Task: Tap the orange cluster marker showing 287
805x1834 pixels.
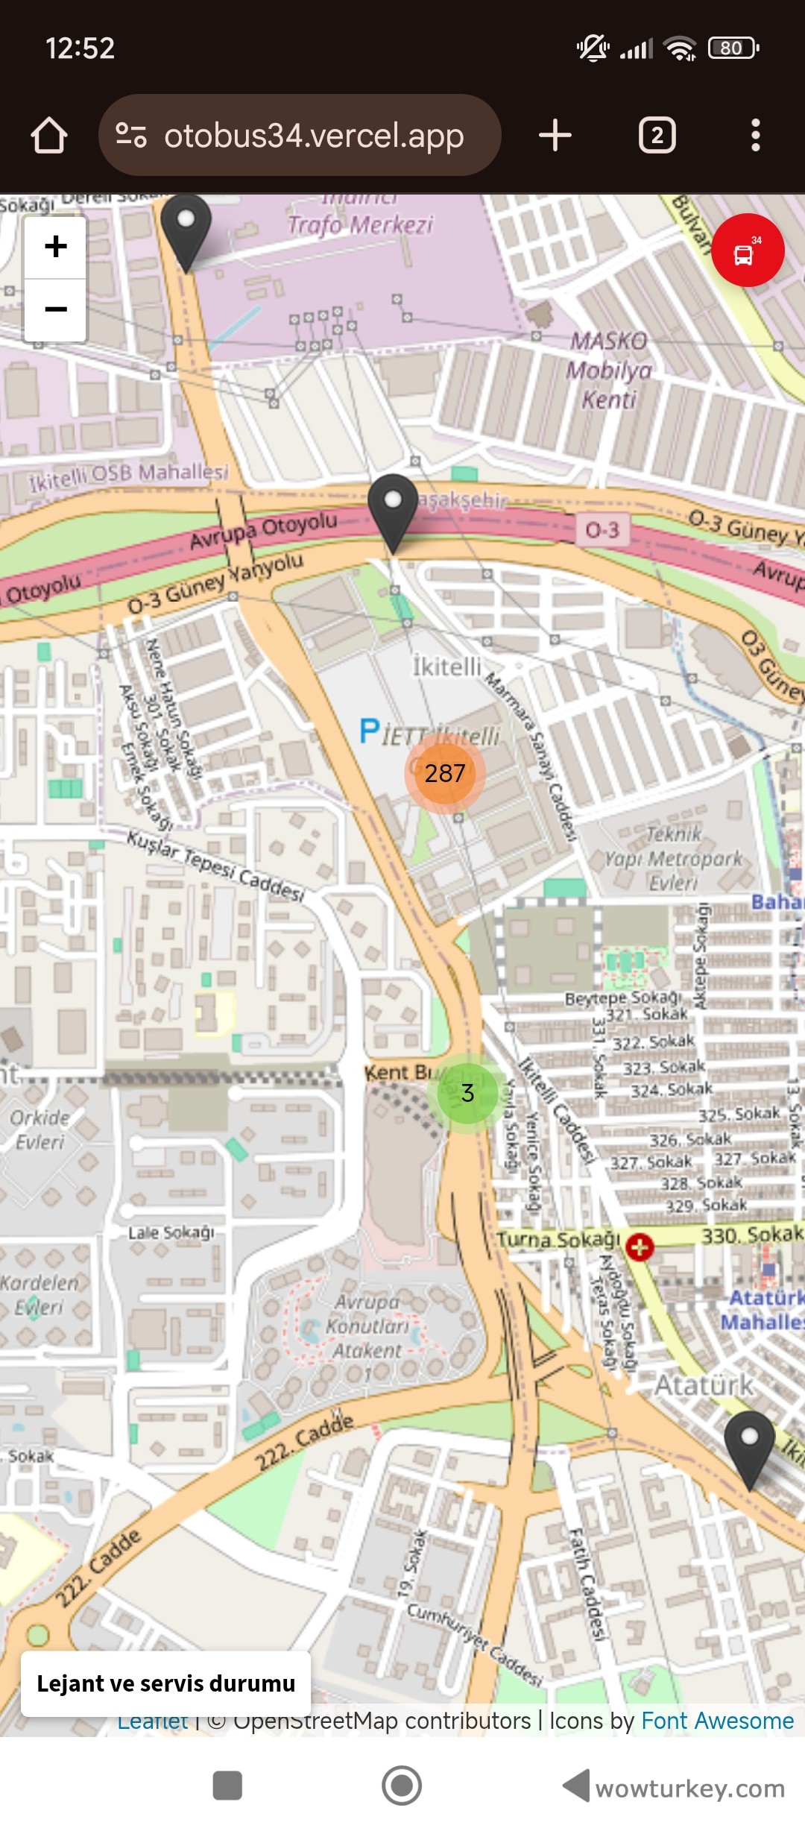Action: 445,773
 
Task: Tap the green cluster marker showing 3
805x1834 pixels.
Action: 467,1093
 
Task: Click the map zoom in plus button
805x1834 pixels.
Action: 56,247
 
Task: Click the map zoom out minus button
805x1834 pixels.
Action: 56,309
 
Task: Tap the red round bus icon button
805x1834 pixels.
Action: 747,250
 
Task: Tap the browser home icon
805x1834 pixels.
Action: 49,136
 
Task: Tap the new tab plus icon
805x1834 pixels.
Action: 555,136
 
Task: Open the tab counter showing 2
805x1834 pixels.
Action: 657,136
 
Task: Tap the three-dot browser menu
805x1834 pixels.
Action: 755,136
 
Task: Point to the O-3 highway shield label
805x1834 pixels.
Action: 602,530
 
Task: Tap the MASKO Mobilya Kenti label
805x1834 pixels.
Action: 609,371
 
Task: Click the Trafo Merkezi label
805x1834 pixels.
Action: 360,224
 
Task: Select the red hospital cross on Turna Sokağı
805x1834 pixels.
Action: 640,1247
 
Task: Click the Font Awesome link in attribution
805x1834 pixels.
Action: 717,1721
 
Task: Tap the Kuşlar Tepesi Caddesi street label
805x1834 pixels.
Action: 215,866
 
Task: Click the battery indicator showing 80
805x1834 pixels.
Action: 732,48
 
